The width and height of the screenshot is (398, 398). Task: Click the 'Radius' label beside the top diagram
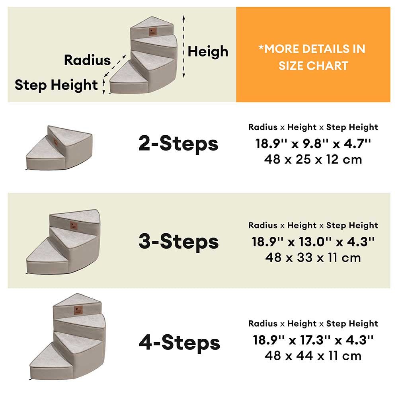(x=87, y=60)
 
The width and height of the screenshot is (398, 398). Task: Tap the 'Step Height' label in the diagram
(x=56, y=85)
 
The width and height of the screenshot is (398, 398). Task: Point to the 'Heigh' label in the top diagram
(x=208, y=51)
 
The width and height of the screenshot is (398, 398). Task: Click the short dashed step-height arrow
(x=103, y=86)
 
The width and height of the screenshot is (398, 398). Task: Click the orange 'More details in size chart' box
(x=313, y=55)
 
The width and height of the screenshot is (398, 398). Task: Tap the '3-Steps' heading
(x=178, y=242)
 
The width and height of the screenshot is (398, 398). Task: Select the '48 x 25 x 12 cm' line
(x=313, y=160)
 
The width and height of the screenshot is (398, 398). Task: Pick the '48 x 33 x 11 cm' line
(x=313, y=258)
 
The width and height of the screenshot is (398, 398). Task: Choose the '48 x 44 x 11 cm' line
(x=313, y=355)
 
